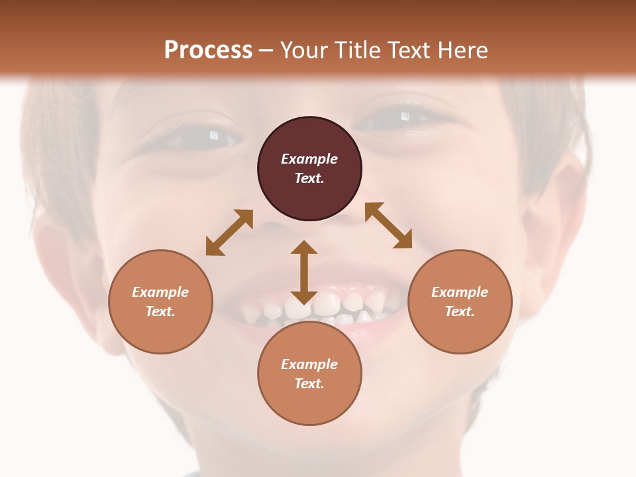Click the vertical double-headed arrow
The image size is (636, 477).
pos(304,272)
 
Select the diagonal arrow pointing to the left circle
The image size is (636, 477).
pos(229,233)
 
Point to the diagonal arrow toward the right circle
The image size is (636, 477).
pos(389,226)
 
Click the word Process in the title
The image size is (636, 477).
pos(208,50)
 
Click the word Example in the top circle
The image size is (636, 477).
pos(309,159)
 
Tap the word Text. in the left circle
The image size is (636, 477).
pos(160,311)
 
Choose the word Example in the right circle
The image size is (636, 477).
pos(460,292)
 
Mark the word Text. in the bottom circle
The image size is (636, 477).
pos(309,384)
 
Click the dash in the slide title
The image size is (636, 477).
pos(266,50)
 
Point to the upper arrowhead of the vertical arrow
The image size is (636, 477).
pos(304,248)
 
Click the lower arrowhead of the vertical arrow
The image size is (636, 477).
pos(304,296)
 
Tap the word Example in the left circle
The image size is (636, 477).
pos(160,292)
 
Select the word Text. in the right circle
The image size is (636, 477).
pos(460,311)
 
